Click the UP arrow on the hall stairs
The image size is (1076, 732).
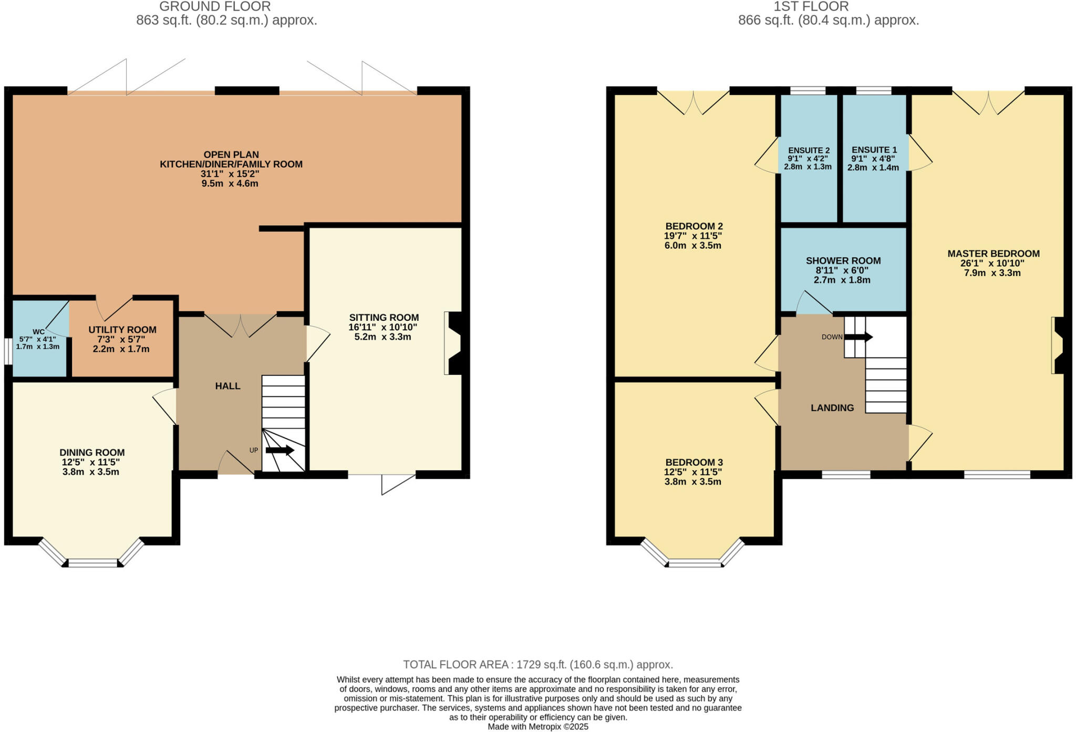click(280, 450)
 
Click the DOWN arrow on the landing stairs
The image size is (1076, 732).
click(858, 337)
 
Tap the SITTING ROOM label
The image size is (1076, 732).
click(384, 318)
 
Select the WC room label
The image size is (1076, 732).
click(38, 332)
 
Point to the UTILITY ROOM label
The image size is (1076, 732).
click(122, 330)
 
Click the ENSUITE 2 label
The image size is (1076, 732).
click(808, 150)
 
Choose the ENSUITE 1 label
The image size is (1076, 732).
click(874, 150)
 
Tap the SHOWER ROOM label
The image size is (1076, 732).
click(843, 261)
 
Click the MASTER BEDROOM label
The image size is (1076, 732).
click(993, 253)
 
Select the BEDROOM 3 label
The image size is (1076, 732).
click(692, 463)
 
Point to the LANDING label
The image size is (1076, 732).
click(832, 408)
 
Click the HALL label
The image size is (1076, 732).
click(227, 386)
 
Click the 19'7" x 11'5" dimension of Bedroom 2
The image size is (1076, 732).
click(692, 236)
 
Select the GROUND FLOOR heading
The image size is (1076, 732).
click(215, 7)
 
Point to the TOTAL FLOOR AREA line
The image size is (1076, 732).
click(537, 664)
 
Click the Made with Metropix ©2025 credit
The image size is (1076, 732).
click(537, 727)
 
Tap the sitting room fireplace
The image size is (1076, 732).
click(452, 343)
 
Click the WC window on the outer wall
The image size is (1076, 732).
click(8, 351)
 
